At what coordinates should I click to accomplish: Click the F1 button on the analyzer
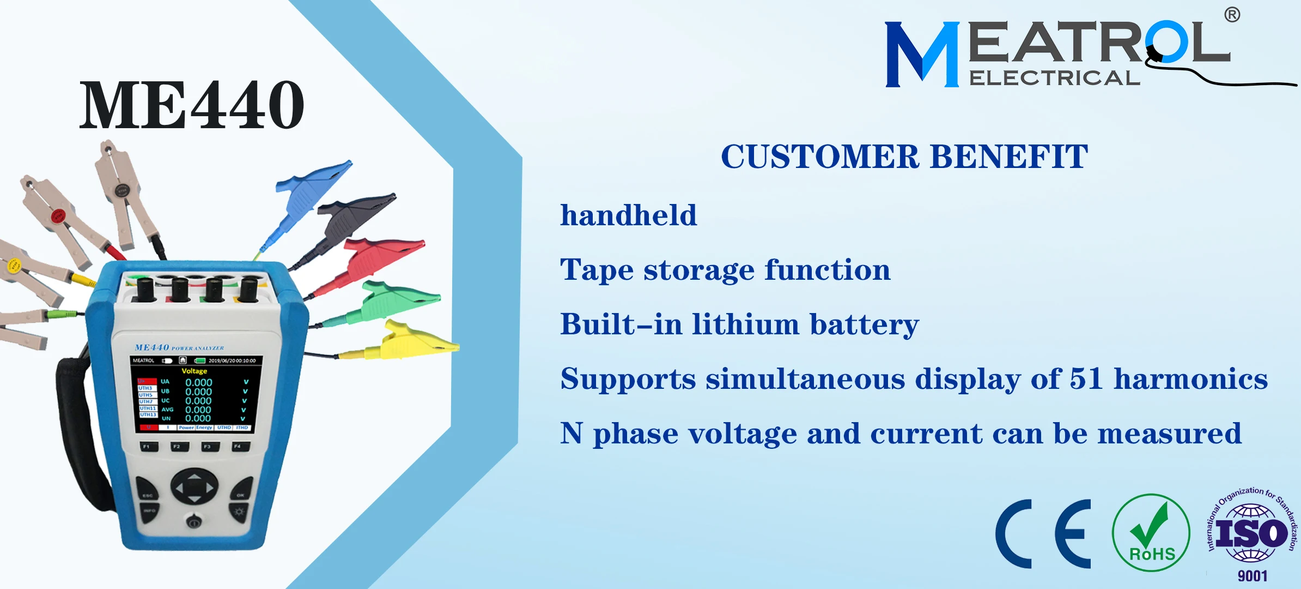tap(147, 447)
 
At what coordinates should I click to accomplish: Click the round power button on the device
tap(194, 522)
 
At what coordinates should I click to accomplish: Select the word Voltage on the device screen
tap(194, 371)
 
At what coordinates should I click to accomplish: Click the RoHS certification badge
tap(1151, 533)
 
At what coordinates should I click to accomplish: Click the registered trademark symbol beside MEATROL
tap(1232, 15)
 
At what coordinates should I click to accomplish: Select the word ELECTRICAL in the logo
tap(1054, 78)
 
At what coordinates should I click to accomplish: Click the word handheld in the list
tap(629, 215)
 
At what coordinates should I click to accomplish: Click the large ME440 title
tap(192, 105)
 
